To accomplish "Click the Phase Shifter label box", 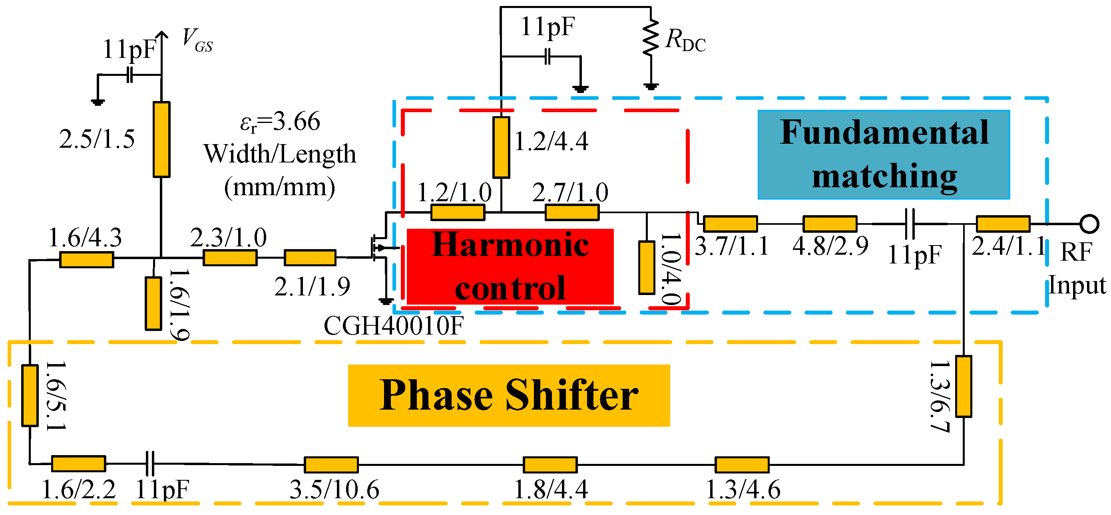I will tap(509, 395).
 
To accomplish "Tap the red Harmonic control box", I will tap(510, 266).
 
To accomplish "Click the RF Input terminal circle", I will tap(1089, 224).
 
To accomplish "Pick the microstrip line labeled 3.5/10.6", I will tap(331, 465).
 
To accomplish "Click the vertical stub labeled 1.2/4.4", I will tap(501, 147).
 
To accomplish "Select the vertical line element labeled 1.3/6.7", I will tap(964, 386).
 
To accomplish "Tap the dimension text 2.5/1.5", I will tap(97, 139).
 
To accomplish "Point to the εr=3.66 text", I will tap(280, 122).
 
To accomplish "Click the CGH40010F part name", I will tap(393, 326).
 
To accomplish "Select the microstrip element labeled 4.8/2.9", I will tap(829, 224).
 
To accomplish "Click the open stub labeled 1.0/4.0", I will tap(647, 267).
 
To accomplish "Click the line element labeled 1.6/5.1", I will tap(30, 395).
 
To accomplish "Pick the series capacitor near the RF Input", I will tap(910, 224).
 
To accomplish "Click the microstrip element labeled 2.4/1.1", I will tap(1003, 224).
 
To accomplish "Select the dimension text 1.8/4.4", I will tap(551, 489).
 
